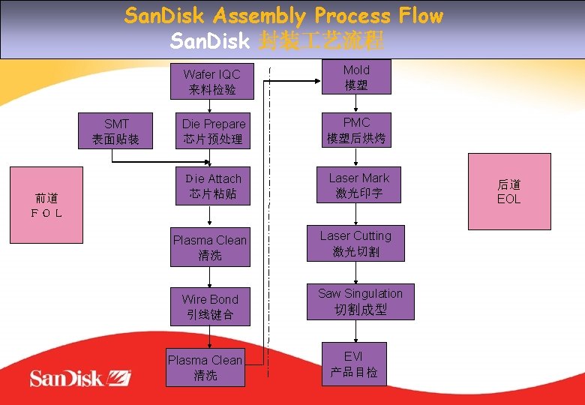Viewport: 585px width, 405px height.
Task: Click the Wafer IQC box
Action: (211, 82)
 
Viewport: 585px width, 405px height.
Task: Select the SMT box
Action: (115, 131)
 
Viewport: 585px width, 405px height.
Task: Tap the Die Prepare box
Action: (213, 131)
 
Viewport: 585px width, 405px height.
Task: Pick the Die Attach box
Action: (213, 186)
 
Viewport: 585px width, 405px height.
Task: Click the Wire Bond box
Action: (210, 307)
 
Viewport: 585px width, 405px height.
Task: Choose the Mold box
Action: (356, 77)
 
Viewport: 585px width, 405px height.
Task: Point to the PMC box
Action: (356, 130)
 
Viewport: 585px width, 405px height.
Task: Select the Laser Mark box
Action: (358, 185)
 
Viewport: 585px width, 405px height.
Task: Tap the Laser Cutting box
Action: (355, 243)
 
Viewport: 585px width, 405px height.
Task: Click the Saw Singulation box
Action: (360, 301)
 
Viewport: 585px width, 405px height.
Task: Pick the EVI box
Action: (354, 364)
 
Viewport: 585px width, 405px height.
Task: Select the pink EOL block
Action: (509, 191)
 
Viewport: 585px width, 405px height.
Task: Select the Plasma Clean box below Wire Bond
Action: (205, 367)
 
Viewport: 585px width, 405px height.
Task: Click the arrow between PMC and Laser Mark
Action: (356, 157)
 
